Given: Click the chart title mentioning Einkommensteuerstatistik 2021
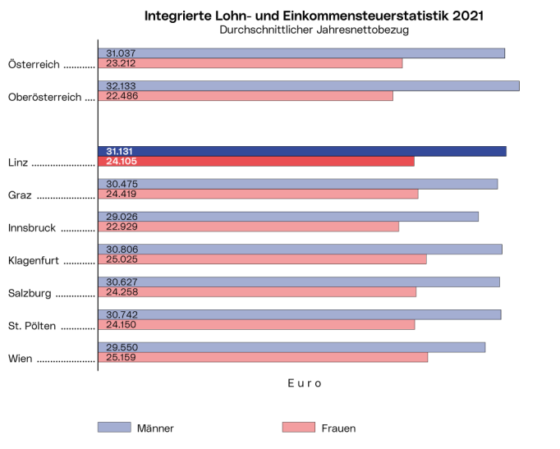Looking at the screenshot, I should click(313, 16).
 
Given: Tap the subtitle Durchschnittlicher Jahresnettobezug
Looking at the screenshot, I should click(314, 30).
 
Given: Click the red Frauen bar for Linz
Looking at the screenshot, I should click(255, 162).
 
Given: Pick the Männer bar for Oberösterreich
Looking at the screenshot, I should click(308, 85).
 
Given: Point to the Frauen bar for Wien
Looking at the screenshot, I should click(263, 357).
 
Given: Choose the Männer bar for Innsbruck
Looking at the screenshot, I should click(287, 216).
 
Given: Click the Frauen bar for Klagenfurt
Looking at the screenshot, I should click(262, 259).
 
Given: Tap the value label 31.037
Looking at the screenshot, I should click(120, 53).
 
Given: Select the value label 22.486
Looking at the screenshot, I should click(120, 96).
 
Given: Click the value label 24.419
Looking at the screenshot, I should click(120, 195).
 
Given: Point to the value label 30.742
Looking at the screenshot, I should click(120, 314).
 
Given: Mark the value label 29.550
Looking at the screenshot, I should click(120, 347).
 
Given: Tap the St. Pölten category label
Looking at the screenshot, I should click(32, 326).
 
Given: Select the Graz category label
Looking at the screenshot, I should click(20, 195).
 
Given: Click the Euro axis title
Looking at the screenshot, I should click(304, 383).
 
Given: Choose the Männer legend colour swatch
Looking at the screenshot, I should click(114, 427).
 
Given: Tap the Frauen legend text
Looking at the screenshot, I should click(339, 428).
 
